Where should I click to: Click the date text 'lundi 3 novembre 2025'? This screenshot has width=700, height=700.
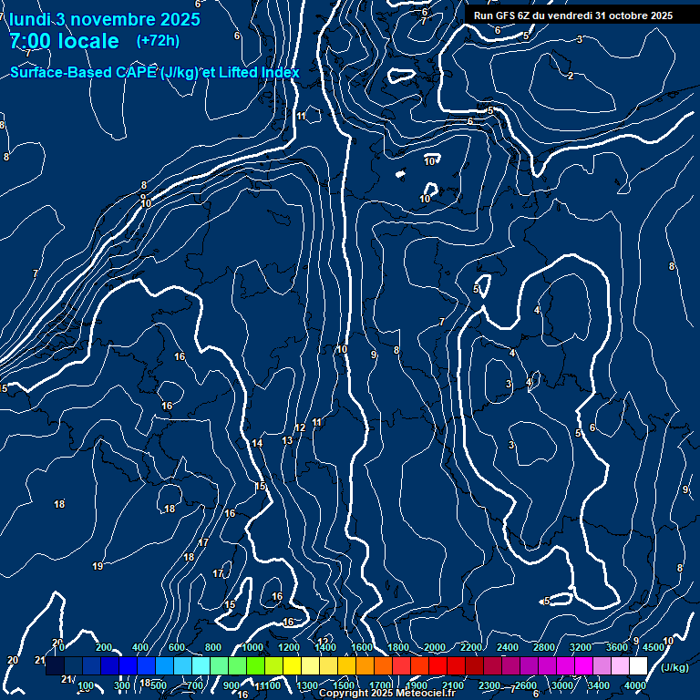pos(105,19)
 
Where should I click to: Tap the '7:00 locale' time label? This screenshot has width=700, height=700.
pos(65,41)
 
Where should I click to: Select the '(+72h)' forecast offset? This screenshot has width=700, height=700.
pos(158,40)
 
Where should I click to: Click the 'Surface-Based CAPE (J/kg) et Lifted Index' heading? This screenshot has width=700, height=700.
pos(155,72)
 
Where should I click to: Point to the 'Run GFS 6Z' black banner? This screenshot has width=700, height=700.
pos(573,15)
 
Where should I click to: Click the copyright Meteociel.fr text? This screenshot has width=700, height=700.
pos(386,694)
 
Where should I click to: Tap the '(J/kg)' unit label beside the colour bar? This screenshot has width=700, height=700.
pos(674,667)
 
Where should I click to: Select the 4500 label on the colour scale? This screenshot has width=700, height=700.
pos(653,647)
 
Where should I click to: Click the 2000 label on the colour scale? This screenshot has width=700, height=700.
pos(435,647)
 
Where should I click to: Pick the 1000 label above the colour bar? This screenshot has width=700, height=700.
pos(252,647)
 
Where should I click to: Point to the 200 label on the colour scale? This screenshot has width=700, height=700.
pos(104,647)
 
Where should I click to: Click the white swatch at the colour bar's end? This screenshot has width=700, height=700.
pos(638,666)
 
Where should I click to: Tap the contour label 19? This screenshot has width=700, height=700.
pos(98,567)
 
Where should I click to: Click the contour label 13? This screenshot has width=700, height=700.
pos(287,440)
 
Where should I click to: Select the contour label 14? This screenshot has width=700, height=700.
pos(258,443)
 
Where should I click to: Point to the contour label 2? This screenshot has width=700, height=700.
pos(571,76)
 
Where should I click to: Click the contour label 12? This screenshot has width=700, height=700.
pos(300,427)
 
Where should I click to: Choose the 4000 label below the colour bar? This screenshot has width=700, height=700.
pos(635,685)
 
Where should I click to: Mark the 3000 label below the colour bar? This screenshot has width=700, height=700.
pos(562,685)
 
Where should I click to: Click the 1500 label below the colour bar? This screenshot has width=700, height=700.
pos(344,685)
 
